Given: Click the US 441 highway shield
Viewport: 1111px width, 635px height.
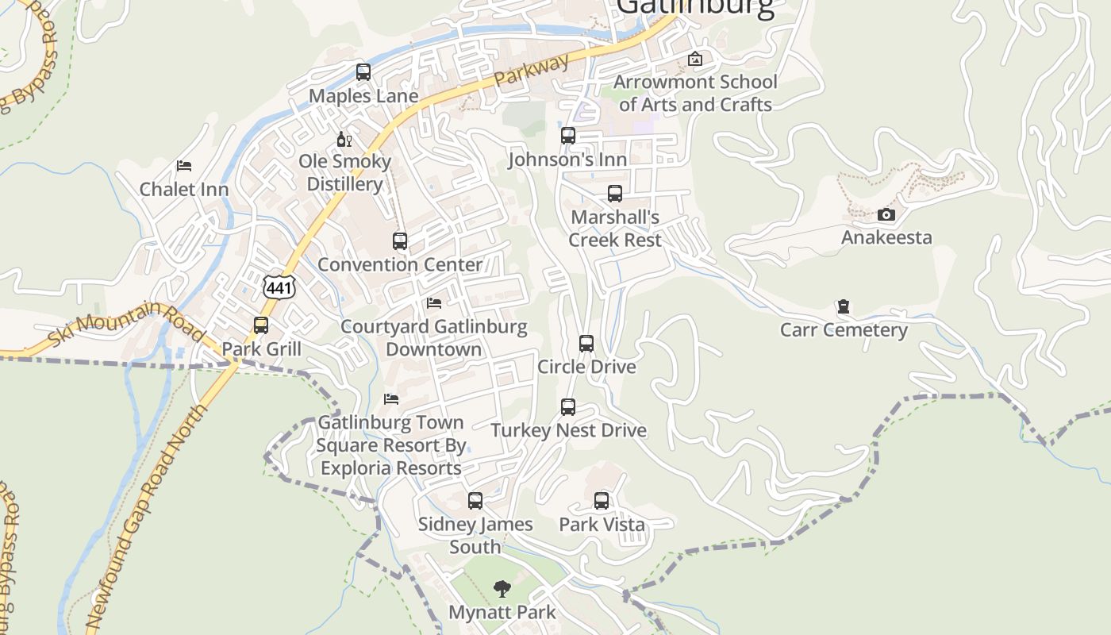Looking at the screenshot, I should click(x=279, y=287).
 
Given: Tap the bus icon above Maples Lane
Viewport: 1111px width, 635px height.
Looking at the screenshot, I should click(x=363, y=72).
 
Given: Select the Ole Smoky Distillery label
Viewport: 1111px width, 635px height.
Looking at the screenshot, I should click(x=345, y=173).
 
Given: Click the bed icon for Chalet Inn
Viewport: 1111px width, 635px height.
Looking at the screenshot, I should click(x=184, y=166).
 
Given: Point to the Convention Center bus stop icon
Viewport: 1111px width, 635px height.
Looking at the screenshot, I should click(x=400, y=241).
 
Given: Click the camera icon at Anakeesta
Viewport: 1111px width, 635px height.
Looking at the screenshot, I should click(x=886, y=214).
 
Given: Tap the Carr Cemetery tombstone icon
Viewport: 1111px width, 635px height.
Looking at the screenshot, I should click(x=844, y=307).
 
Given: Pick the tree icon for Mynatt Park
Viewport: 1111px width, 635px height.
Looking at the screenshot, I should click(x=502, y=588).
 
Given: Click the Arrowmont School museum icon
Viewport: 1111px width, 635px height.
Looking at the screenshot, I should click(x=695, y=59).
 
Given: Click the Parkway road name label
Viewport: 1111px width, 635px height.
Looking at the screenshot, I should click(x=532, y=71).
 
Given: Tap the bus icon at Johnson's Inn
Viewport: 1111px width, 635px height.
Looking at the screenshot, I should click(x=568, y=136).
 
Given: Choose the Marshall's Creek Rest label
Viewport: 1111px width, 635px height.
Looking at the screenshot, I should click(x=615, y=229).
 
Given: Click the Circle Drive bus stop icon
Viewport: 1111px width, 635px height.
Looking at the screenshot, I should click(x=586, y=344).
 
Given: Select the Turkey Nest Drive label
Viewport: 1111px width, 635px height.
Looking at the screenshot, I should click(x=568, y=430).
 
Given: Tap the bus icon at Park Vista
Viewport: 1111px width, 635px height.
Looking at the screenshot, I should click(x=602, y=501).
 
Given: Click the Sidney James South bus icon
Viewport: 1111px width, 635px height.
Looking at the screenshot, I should click(x=475, y=501).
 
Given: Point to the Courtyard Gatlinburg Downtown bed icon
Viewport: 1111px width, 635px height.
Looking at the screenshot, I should click(x=434, y=303).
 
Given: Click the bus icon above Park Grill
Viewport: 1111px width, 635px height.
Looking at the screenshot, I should click(x=261, y=325).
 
